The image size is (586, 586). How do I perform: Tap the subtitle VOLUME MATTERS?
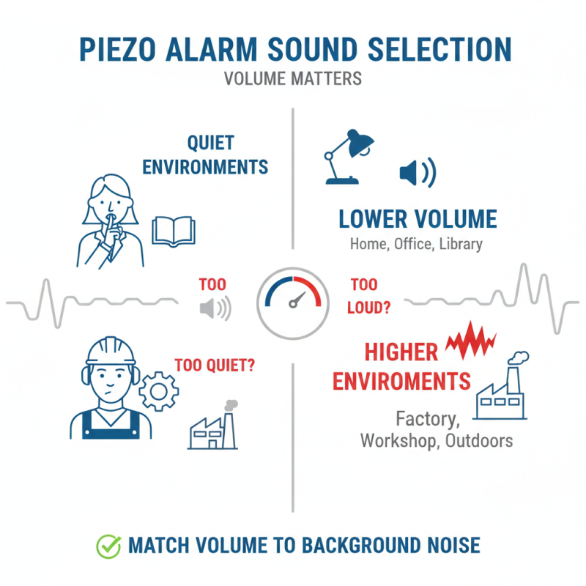[292, 78]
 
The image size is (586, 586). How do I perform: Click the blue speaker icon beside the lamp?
[416, 173]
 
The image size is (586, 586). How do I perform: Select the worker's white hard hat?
[111, 350]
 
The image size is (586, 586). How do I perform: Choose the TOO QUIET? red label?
[215, 364]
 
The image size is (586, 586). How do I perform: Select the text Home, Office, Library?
[418, 243]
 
